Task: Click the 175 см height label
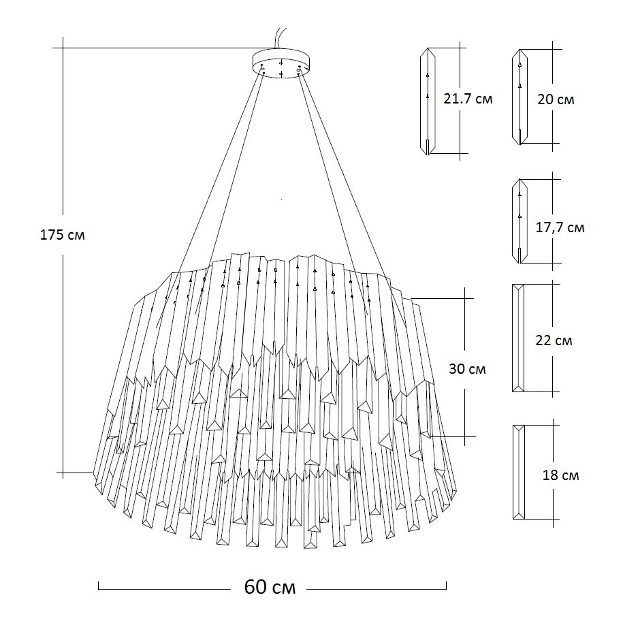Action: [63, 235]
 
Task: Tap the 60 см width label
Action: [270, 587]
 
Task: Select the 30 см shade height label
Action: [468, 369]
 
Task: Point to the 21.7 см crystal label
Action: [468, 99]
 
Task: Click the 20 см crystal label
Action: [556, 99]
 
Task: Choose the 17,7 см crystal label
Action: [560, 227]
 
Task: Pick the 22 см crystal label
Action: [554, 340]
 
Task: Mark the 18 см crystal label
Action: [561, 475]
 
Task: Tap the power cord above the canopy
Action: [278, 37]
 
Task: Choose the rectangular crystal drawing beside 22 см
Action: [519, 338]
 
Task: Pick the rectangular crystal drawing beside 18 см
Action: [519, 472]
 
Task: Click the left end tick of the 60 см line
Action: [99, 587]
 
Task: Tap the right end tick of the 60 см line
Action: [446, 587]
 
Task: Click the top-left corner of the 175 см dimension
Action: [63, 48]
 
